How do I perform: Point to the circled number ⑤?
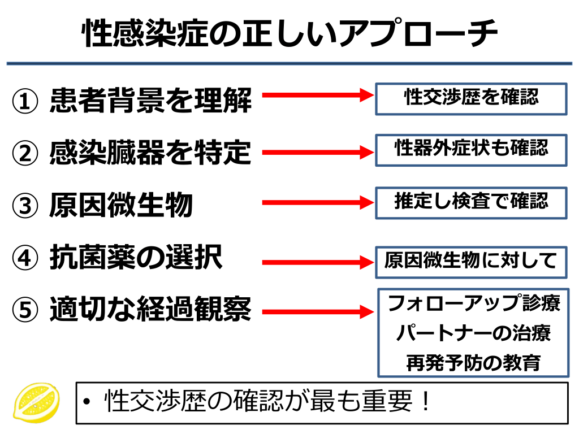25,310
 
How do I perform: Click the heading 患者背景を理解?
150,101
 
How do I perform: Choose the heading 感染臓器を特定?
150,153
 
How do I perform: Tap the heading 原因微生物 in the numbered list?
122,205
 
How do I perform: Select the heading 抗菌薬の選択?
136,258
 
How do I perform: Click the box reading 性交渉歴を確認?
471,98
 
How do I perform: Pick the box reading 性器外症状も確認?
471,149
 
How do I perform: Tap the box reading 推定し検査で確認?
471,202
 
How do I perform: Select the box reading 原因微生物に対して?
471,262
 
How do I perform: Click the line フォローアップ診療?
473,303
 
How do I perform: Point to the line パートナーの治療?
473,333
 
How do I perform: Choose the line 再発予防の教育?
473,362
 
